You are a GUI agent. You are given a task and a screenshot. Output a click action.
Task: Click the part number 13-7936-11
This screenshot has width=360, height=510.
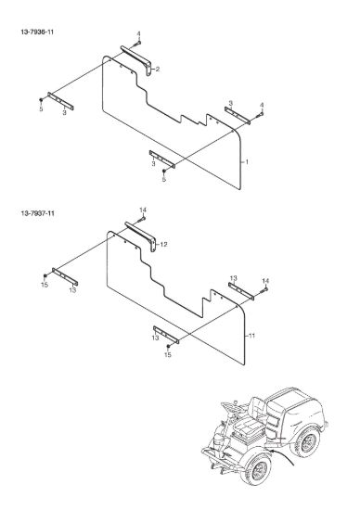pos(37,32)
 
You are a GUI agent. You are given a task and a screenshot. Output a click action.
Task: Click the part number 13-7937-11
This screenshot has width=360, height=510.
pos(37,213)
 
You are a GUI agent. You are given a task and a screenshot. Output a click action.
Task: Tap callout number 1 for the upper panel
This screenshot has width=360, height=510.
pos(247,161)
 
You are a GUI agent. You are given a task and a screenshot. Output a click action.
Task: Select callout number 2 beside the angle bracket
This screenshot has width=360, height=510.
pos(158,69)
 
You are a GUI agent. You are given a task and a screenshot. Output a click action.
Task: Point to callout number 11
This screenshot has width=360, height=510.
pos(251,336)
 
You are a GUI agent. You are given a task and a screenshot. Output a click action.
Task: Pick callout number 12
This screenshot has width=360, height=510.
pos(163,244)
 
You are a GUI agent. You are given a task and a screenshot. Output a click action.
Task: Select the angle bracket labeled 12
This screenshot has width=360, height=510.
pos(141,235)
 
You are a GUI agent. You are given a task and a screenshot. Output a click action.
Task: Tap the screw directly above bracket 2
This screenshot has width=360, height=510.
pos(139,42)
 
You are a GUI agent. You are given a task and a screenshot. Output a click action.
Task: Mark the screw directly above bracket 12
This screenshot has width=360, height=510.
pos(142,219)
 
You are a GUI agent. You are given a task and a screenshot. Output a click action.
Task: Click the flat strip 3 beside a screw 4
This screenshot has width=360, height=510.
pos(238,114)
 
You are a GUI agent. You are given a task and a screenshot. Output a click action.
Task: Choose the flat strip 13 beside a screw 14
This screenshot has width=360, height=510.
pos(241,291)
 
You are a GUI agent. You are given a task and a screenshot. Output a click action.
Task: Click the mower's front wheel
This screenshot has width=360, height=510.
pos(256,466)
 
